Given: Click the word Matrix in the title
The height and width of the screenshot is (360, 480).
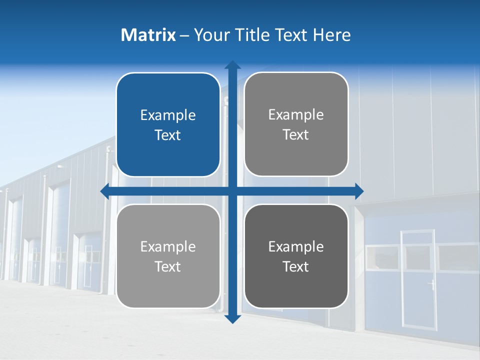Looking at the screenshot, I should (x=148, y=35).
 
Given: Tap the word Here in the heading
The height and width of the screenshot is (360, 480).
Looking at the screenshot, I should (x=332, y=35).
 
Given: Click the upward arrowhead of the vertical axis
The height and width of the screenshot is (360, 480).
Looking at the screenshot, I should (x=232, y=65).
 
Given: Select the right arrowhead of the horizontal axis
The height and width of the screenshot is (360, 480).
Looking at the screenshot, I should (x=358, y=191).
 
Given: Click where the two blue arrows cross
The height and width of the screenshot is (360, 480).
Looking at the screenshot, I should (x=232, y=191).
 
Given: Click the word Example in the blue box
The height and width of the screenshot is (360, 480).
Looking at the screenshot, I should (x=168, y=115).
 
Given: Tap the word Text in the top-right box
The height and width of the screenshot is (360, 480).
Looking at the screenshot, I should (x=296, y=135).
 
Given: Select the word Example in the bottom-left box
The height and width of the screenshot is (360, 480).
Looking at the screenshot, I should (x=168, y=246).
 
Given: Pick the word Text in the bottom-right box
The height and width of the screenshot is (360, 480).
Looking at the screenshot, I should (x=296, y=266).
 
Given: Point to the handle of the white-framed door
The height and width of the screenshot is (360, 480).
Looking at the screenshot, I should (x=430, y=285).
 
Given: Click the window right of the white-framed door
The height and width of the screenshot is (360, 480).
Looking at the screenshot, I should (x=457, y=257).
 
